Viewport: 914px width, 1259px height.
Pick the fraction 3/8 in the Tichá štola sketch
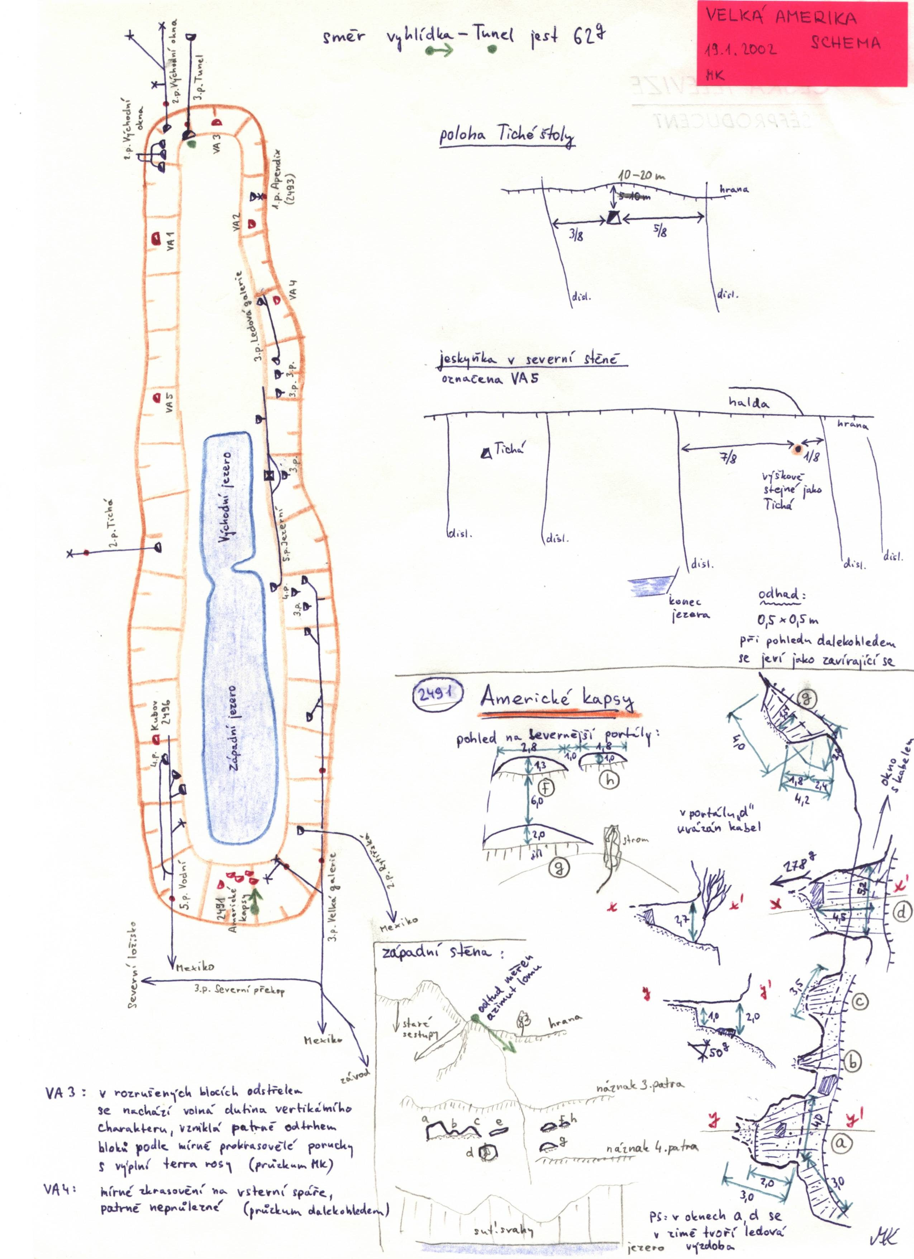[576, 235]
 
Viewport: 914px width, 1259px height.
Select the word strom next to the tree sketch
[635, 839]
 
